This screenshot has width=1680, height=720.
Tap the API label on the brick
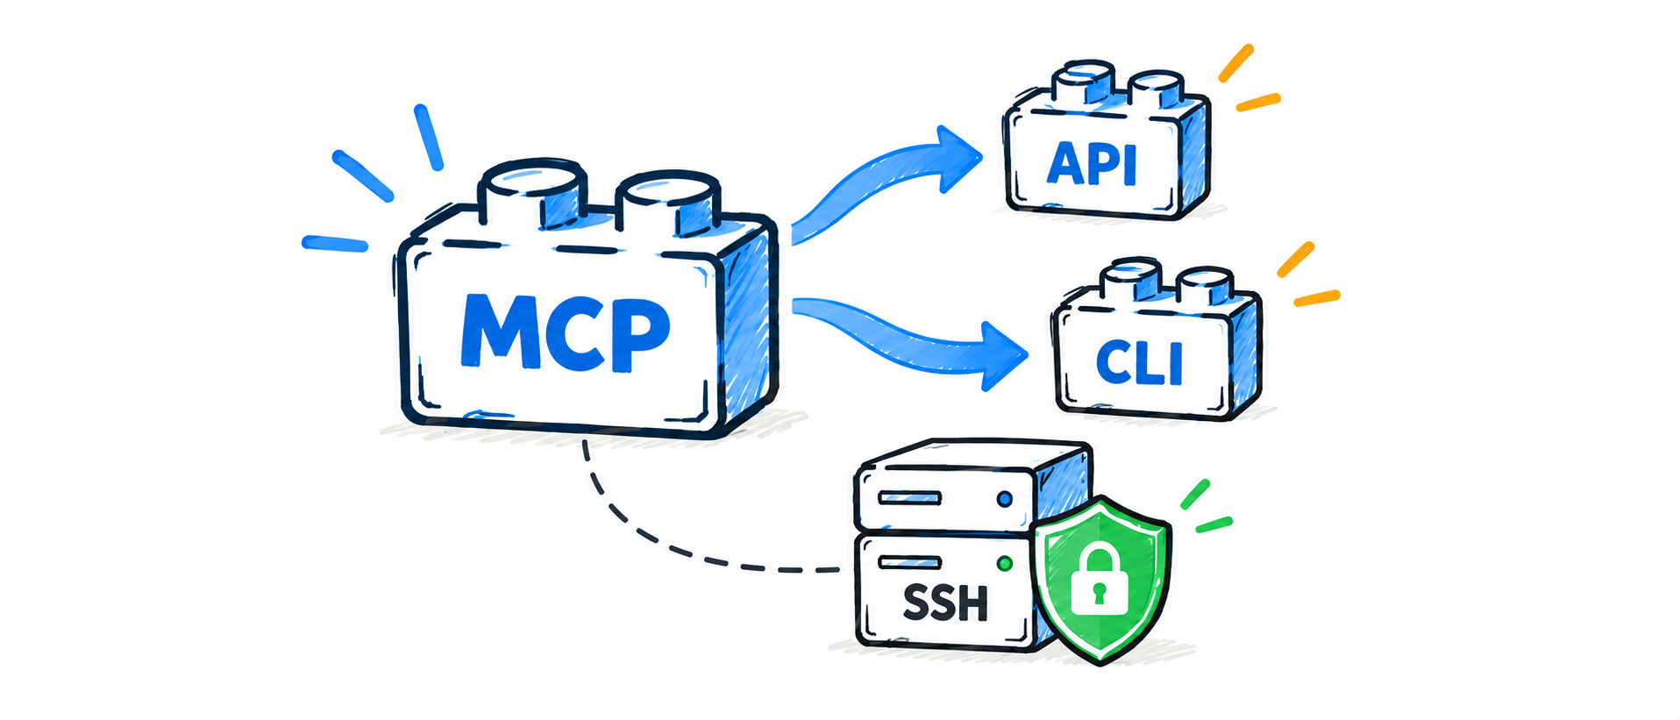[1092, 163]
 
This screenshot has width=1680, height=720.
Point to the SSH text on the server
[945, 602]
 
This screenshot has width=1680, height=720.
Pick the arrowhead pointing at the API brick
[957, 159]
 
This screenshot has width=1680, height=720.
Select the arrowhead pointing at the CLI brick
[1003, 356]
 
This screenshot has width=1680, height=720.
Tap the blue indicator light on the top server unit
[1005, 499]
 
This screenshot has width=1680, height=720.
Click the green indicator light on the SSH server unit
[1005, 564]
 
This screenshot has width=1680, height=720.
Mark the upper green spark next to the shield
[1195, 495]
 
